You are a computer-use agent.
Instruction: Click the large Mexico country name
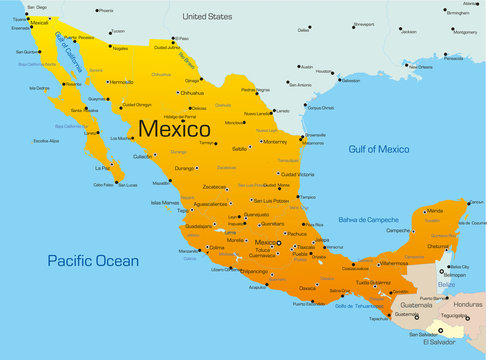point(174,129)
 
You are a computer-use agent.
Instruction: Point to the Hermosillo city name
point(120,82)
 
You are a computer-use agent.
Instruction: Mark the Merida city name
point(434,211)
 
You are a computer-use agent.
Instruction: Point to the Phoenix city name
point(105,10)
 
